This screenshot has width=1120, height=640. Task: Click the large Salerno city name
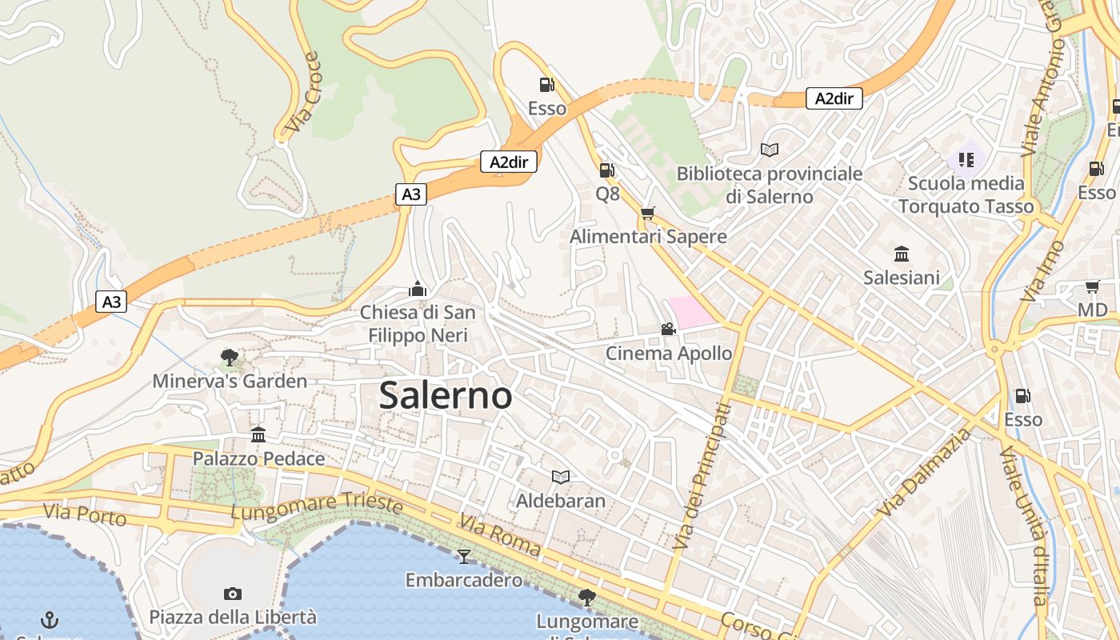tap(446, 395)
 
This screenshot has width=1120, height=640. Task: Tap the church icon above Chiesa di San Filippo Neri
tap(417, 289)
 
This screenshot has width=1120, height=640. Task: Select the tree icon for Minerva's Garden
tap(230, 358)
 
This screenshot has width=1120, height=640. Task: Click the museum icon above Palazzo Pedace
tap(258, 435)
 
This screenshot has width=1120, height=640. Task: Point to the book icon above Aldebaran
tap(561, 478)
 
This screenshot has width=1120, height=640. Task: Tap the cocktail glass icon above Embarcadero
tap(464, 556)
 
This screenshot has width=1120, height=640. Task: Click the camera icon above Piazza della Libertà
tap(233, 594)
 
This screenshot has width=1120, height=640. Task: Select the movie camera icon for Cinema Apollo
tap(668, 329)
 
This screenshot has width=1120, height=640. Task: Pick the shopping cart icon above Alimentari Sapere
tap(647, 213)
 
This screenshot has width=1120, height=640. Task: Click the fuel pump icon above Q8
tap(607, 170)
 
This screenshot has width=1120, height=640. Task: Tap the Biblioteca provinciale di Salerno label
tap(769, 185)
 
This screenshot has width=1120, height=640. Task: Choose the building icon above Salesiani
tap(901, 254)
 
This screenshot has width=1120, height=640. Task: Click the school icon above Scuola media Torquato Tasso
tap(966, 159)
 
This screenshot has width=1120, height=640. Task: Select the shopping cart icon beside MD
tap(1092, 286)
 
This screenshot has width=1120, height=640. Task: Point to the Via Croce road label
tap(303, 93)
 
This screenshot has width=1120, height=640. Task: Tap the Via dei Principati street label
tap(702, 477)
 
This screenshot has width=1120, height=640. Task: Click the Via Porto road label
tap(85, 515)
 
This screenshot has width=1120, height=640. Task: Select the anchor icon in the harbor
tap(50, 619)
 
